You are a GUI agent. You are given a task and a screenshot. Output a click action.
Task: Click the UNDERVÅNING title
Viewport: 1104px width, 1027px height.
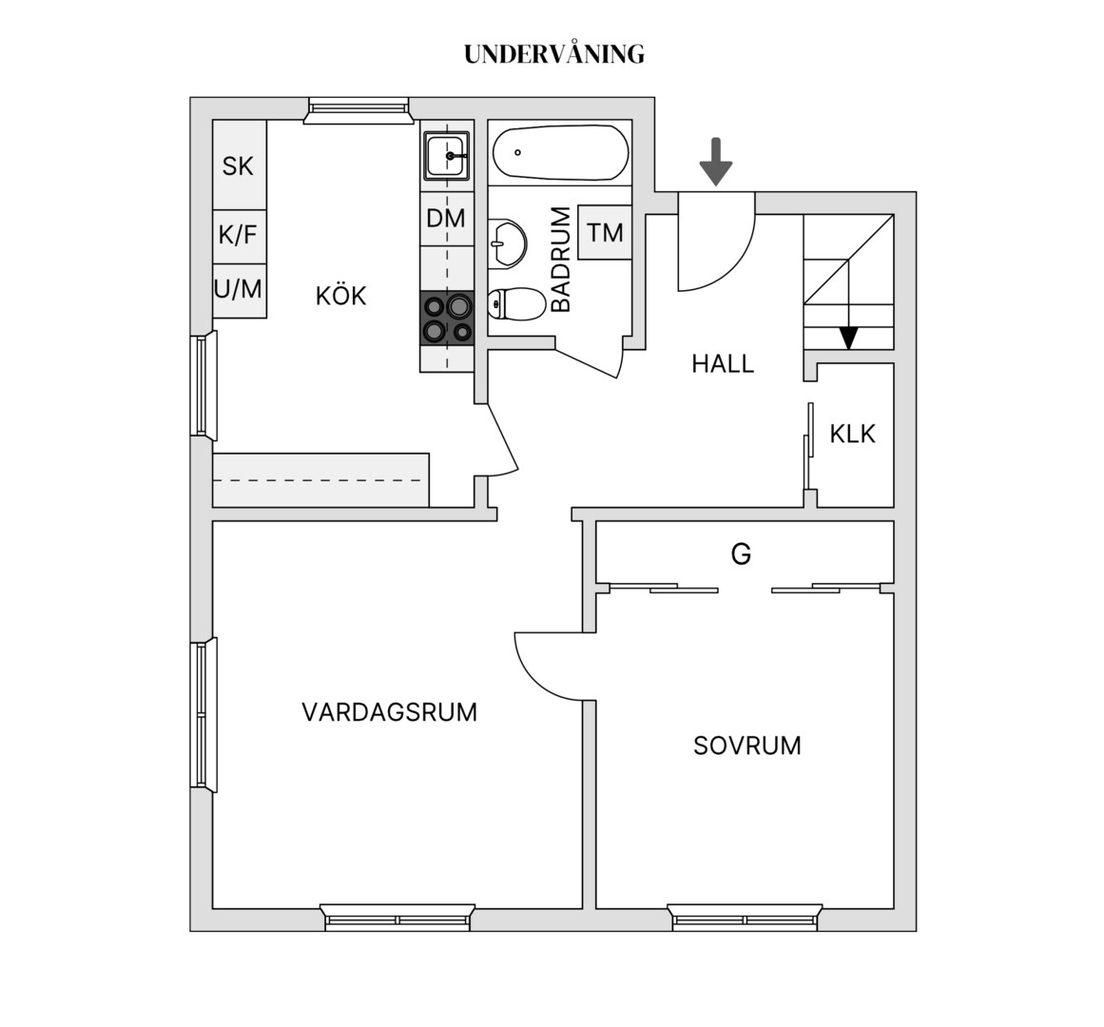tap(554, 54)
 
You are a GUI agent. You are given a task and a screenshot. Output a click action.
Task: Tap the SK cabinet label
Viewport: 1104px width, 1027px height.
tap(238, 166)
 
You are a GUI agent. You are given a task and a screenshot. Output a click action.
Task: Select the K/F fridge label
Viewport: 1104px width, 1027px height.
tap(238, 234)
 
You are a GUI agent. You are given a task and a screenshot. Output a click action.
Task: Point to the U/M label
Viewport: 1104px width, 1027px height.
tap(238, 288)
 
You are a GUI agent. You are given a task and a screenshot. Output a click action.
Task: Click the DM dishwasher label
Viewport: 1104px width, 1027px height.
tap(446, 218)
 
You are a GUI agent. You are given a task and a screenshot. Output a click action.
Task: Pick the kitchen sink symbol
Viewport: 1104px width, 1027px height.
tap(446, 156)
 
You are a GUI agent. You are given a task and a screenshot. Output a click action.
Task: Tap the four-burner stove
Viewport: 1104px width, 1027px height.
tap(447, 319)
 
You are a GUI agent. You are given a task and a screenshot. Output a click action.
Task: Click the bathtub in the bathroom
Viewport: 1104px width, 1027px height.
tap(560, 153)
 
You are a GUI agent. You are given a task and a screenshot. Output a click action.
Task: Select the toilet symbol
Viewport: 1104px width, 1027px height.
tap(516, 304)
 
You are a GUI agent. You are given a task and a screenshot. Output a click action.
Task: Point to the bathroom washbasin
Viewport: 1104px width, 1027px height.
tap(507, 243)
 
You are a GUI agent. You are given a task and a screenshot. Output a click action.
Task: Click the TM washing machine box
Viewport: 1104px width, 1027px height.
tap(605, 232)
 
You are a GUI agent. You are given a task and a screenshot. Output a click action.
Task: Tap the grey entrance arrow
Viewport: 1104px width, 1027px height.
tap(716, 162)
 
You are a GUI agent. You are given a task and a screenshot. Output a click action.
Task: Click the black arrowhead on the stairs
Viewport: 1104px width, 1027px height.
tap(849, 339)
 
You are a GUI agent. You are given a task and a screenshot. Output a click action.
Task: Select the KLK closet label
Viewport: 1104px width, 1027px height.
tap(853, 434)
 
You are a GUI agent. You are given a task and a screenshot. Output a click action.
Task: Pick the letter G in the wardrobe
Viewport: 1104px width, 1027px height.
tap(742, 554)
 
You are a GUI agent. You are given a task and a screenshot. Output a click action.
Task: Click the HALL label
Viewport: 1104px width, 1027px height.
tap(723, 364)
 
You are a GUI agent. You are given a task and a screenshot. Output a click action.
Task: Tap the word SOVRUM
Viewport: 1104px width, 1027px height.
tap(747, 746)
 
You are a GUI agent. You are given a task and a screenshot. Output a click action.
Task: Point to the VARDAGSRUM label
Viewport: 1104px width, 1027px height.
tap(389, 712)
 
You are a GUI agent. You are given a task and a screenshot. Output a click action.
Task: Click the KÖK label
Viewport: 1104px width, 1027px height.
tap(340, 296)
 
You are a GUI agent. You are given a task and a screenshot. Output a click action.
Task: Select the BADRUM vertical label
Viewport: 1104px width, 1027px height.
tap(561, 259)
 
